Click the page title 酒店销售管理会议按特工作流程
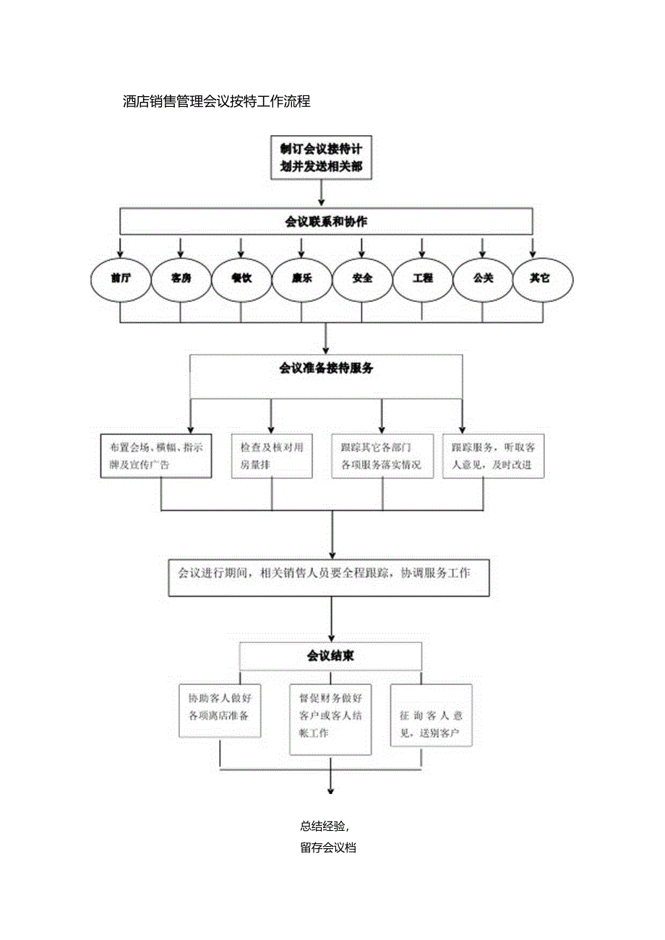coord(217,102)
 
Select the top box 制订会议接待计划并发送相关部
coord(322,158)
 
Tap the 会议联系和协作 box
coord(327,221)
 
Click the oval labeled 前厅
coord(121,278)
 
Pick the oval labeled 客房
coord(181,278)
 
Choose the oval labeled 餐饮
coord(241,278)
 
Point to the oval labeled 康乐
coord(301,278)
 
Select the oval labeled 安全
coord(362,278)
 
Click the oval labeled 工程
coord(422,278)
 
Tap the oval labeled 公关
coord(482,278)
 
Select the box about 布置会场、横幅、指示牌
coord(155,456)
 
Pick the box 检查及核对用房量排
coord(272,456)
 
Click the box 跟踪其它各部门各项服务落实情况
coord(382,456)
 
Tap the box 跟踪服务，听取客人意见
coord(493,456)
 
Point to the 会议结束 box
coord(330,656)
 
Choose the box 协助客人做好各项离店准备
coord(219,710)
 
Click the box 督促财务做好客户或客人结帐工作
coord(330,719)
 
